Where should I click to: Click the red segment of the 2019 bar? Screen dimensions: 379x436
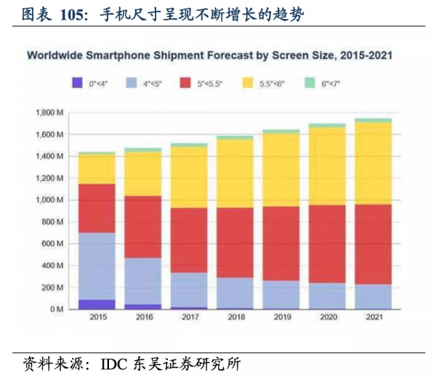(x=282, y=244)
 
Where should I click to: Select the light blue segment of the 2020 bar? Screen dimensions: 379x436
(x=327, y=296)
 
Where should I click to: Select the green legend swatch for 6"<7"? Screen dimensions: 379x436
(x=309, y=83)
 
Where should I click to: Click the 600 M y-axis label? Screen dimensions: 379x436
(x=54, y=244)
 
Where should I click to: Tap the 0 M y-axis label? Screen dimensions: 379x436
(x=58, y=309)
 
